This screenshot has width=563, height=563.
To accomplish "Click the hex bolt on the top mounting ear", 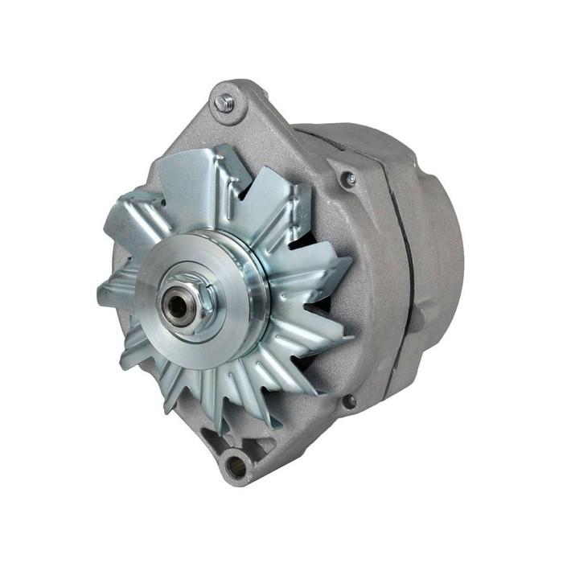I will (x=224, y=102).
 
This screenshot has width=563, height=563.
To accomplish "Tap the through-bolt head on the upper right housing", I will (x=349, y=179).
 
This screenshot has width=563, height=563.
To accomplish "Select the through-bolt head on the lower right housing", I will (x=350, y=400).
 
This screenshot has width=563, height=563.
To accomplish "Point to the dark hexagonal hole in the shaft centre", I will (x=176, y=304).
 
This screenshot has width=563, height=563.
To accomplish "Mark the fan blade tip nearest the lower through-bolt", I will (x=322, y=378).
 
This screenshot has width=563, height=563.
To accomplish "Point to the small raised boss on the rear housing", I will (x=417, y=317).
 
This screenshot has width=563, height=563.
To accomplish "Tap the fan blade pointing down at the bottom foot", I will (x=217, y=394).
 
